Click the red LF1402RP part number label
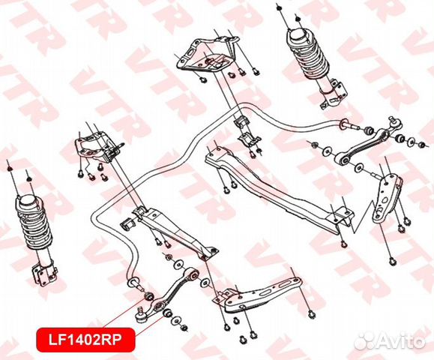[x=85, y=340]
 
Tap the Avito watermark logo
[x=390, y=340]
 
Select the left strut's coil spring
[x=34, y=223]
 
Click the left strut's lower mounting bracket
[x=43, y=274]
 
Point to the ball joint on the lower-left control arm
[x=141, y=316]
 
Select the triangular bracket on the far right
[x=386, y=197]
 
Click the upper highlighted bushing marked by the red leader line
[x=149, y=295]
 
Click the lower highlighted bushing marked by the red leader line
[x=168, y=313]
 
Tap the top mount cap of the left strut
[x=27, y=201]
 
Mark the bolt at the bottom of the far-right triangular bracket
[x=392, y=260]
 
